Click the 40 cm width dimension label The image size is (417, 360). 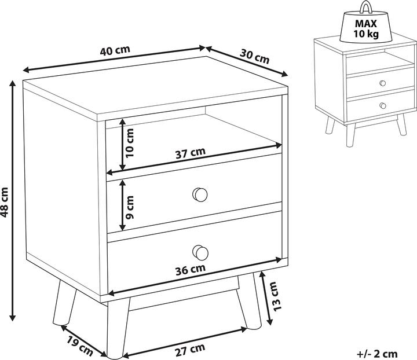[x=115, y=50]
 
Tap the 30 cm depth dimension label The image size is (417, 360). [x=254, y=57]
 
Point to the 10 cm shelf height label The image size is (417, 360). [x=130, y=143]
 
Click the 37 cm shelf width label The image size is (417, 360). [x=191, y=153]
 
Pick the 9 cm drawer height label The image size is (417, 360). [x=130, y=208]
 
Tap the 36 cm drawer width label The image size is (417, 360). [x=191, y=269]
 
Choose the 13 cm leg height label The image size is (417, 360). [x=275, y=296]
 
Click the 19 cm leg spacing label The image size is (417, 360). [x=79, y=346]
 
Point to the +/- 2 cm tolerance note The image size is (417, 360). [x=377, y=354]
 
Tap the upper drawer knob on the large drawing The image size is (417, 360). [x=200, y=194]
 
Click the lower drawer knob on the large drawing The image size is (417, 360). [x=200, y=253]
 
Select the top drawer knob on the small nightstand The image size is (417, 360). [x=383, y=83]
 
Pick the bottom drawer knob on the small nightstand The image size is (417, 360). [x=383, y=105]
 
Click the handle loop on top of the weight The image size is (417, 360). [x=366, y=7]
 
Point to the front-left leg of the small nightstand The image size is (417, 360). [x=350, y=135]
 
